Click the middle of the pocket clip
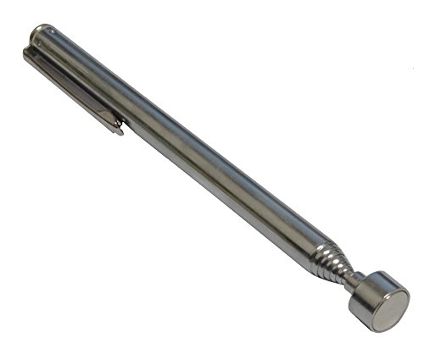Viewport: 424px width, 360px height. point(72,89)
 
